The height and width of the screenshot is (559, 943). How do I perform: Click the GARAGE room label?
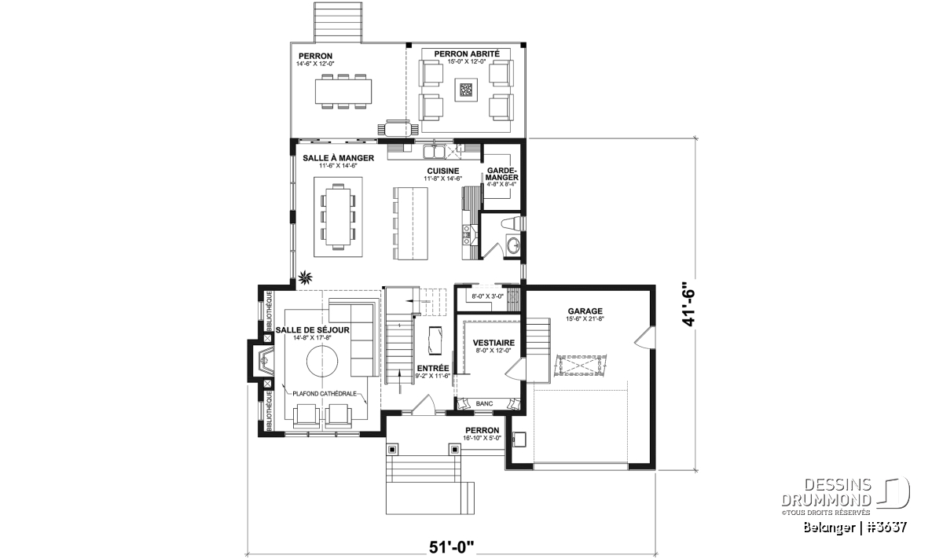pyautogui.click(x=585, y=311)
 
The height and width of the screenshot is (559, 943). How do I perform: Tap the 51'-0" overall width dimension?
pyautogui.click(x=452, y=547)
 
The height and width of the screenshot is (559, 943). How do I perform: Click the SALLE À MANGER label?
pyautogui.click(x=338, y=158)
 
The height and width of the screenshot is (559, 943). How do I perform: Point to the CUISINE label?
pyautogui.click(x=443, y=171)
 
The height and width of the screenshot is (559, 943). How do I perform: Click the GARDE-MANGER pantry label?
pyautogui.click(x=501, y=174)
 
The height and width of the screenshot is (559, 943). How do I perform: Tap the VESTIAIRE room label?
pyautogui.click(x=494, y=343)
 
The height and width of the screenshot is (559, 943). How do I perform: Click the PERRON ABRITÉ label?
pyautogui.click(x=467, y=54)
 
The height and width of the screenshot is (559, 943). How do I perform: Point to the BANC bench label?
pyautogui.click(x=484, y=403)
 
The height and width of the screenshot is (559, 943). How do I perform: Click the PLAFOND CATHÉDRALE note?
pyautogui.click(x=325, y=394)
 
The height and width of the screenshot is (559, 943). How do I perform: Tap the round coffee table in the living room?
pyautogui.click(x=322, y=362)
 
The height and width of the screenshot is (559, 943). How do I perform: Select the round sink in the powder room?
pyautogui.click(x=513, y=245)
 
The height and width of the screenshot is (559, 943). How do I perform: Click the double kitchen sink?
pyautogui.click(x=434, y=151)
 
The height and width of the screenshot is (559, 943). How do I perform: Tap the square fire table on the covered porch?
pyautogui.click(x=465, y=90)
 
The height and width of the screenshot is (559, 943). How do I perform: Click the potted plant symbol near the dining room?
pyautogui.click(x=305, y=278)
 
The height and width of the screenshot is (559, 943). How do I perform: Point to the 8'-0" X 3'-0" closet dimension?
pyautogui.click(x=487, y=296)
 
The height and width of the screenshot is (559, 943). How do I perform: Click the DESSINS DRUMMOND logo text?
pyautogui.click(x=827, y=492)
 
